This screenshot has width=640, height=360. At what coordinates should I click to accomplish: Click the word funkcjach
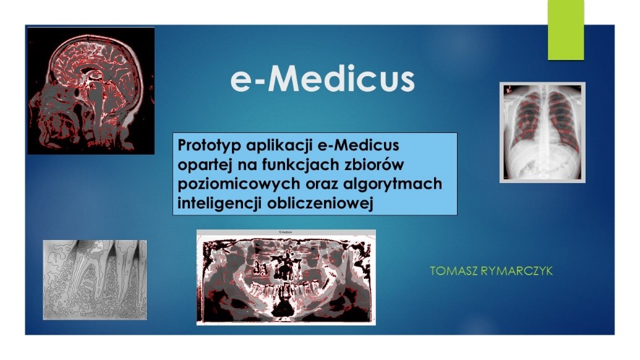pos(301,165)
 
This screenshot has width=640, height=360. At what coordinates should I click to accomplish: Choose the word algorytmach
pos(393,184)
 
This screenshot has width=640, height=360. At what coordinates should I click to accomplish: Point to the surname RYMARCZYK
pos(517,271)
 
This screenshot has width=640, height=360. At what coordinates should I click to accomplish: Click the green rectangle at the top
pos(566,30)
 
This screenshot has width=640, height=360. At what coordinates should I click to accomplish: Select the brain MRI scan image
pos(91,91)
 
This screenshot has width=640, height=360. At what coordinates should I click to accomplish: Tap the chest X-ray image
pos(542,132)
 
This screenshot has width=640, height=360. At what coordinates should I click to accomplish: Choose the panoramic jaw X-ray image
pos(286,278)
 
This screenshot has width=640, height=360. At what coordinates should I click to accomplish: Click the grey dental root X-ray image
pos(95,280)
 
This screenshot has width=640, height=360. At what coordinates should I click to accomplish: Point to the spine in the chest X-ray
pos(542,131)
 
